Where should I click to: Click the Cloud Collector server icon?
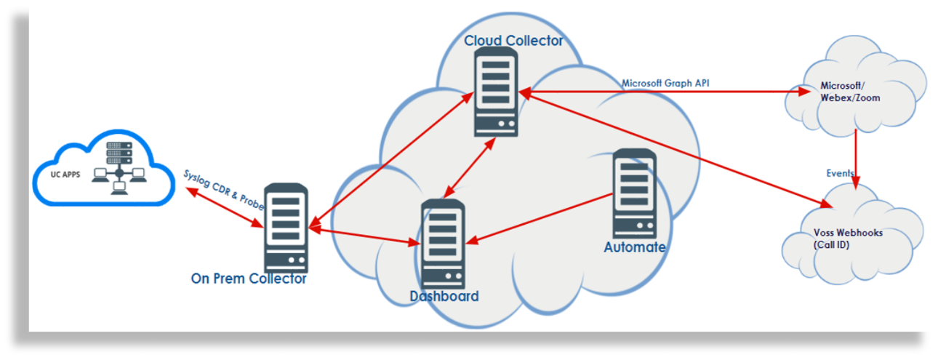[x=497, y=95]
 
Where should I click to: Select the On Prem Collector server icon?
[x=286, y=228]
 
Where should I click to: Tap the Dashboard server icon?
[x=443, y=243]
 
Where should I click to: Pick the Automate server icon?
[x=634, y=193]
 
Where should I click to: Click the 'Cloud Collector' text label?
[x=513, y=41]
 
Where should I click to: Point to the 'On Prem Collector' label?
[x=249, y=279]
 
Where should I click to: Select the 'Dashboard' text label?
[x=444, y=296]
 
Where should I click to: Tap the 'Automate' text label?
[x=634, y=247]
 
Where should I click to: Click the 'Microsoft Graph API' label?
[x=665, y=83]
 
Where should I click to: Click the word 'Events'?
[x=840, y=173]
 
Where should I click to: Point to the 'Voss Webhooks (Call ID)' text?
[x=848, y=239]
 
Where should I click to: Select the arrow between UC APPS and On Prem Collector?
[x=222, y=205]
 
